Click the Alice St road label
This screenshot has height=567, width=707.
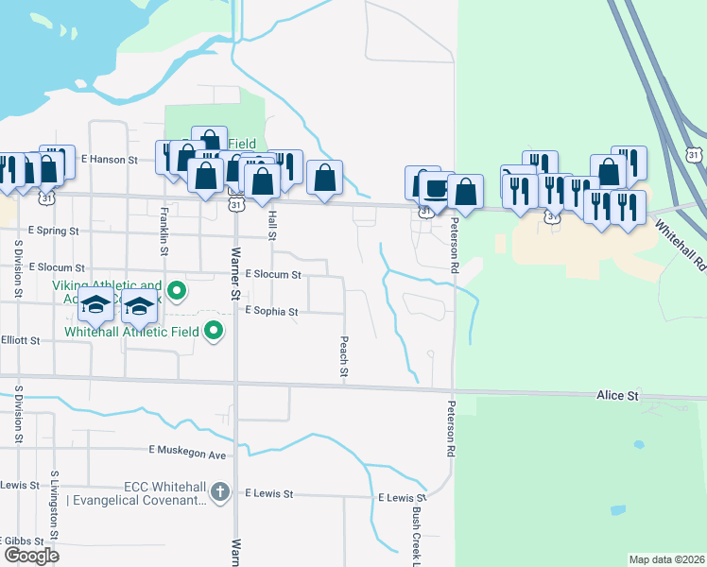(x=618, y=395)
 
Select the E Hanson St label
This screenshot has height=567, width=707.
(x=110, y=160)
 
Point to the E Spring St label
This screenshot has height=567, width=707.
(x=54, y=230)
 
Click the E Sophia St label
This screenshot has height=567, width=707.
(x=271, y=311)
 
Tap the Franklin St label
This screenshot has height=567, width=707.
(x=164, y=232)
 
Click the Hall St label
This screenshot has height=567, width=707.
(x=272, y=225)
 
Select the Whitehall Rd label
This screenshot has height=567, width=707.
(x=680, y=244)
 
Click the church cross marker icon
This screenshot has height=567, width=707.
(x=219, y=490)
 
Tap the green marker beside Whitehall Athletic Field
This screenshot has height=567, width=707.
(x=214, y=330)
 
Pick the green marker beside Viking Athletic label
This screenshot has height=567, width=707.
(x=176, y=289)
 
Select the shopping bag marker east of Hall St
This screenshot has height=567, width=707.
(x=324, y=177)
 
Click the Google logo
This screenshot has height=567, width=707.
(x=32, y=555)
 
